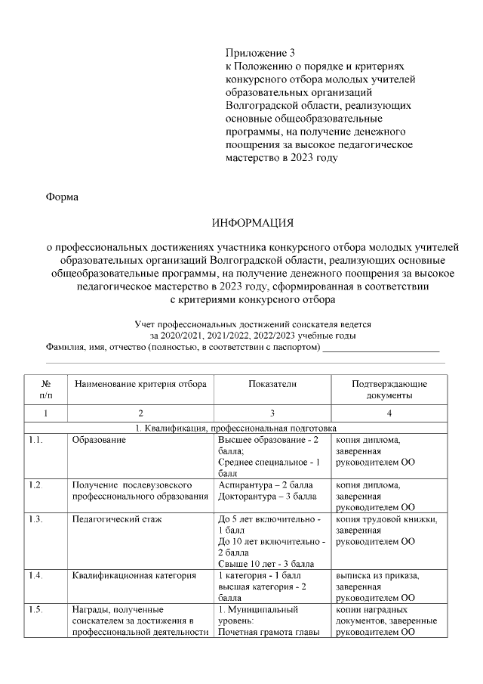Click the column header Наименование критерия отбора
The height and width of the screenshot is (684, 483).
coord(140,384)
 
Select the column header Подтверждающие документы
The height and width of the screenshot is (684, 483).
coord(389,389)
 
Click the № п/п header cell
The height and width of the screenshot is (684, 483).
coord(46,389)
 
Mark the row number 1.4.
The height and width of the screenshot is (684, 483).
coord(36,576)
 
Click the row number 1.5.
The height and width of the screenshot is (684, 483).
coord(36,609)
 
